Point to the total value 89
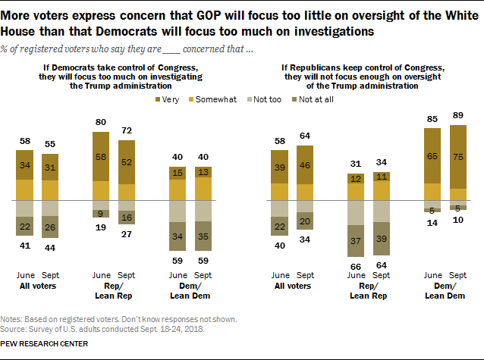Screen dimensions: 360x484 click(458, 115)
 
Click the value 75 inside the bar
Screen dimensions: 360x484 click(458, 158)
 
